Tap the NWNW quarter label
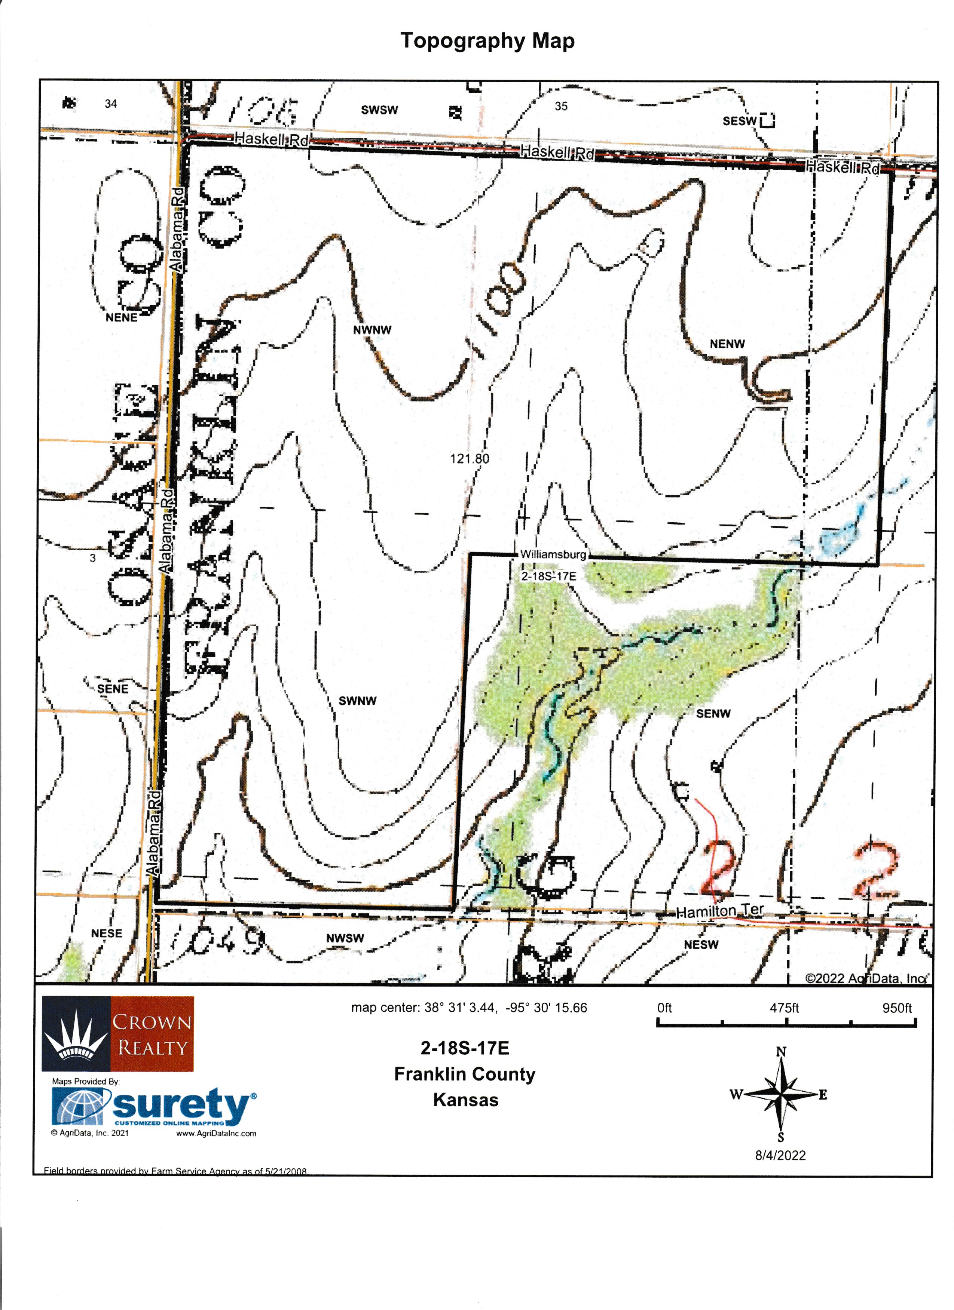coord(372,330)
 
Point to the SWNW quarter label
coord(357,701)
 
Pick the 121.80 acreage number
coord(469,459)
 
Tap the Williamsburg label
coord(553,554)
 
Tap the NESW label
coord(701,945)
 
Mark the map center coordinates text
coord(469,1008)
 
